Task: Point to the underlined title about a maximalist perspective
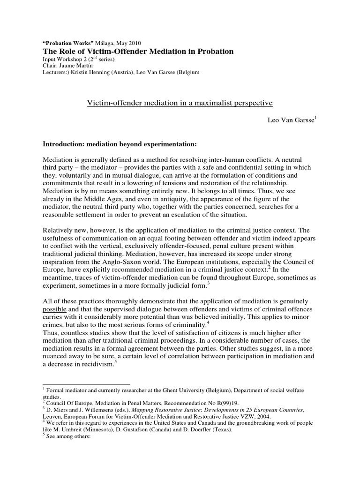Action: pos(180,102)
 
